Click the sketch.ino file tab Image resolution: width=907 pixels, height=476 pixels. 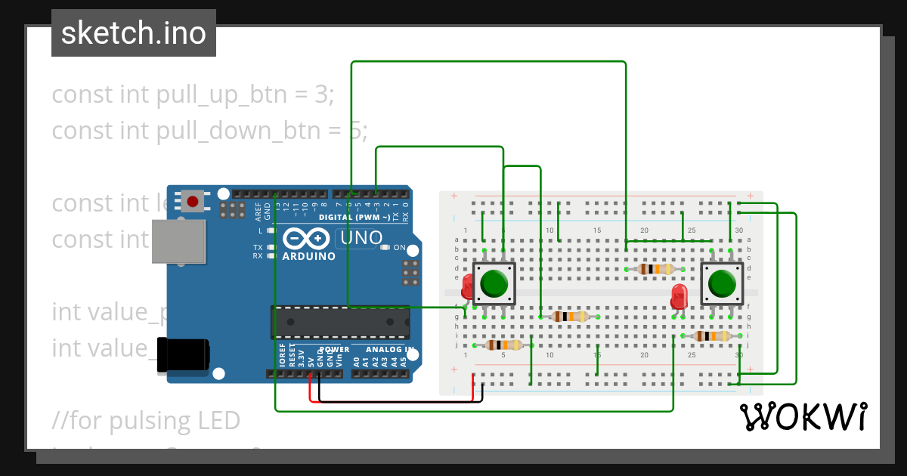coord(134,33)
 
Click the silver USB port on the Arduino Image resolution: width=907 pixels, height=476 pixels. coord(178,242)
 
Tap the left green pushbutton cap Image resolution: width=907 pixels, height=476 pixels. coord(494,283)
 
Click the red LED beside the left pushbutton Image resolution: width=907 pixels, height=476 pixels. coord(467,286)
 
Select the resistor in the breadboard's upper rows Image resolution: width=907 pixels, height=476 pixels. coord(655,269)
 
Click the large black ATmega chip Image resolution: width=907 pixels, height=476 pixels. coord(340,322)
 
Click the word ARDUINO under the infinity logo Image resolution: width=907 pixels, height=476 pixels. coord(308,256)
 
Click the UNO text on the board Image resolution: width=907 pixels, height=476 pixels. coord(362,238)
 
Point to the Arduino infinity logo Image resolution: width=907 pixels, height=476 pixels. coord(305,239)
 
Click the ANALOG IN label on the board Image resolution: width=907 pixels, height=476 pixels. coord(390,350)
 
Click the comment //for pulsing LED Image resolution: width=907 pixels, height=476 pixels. coord(146,420)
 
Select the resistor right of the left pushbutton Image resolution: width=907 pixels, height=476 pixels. coord(570,317)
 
